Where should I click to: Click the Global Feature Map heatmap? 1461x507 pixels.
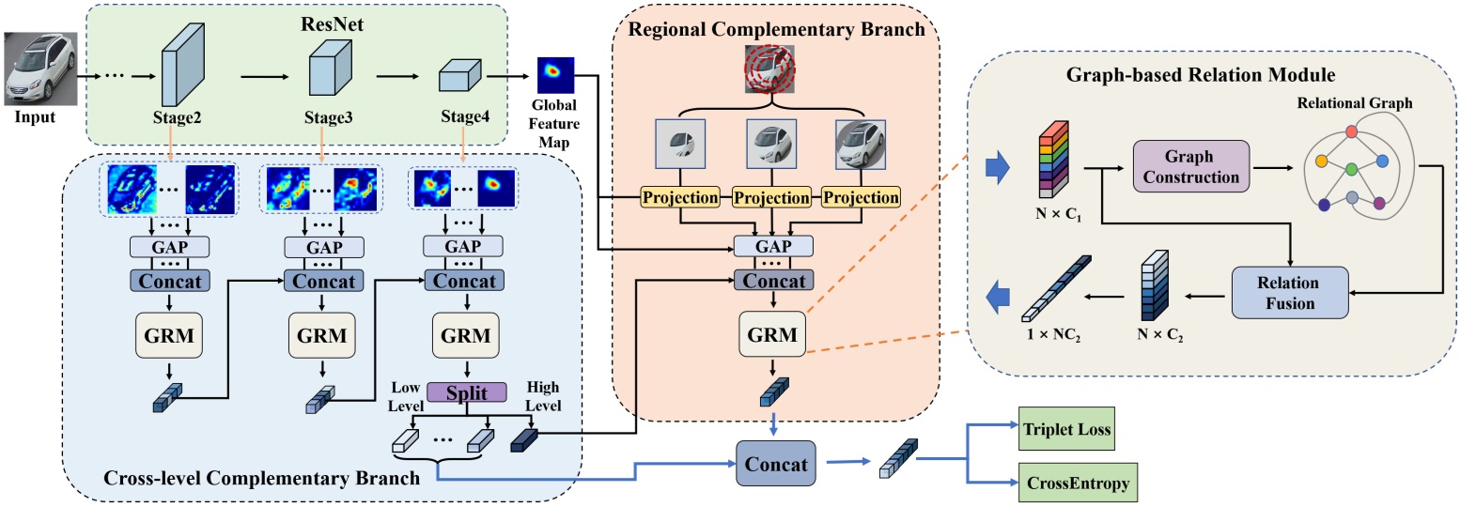pos(555,73)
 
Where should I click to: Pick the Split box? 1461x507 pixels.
pos(467,392)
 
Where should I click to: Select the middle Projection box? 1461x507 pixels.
pos(770,198)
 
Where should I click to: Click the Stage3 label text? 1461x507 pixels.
pos(328,118)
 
